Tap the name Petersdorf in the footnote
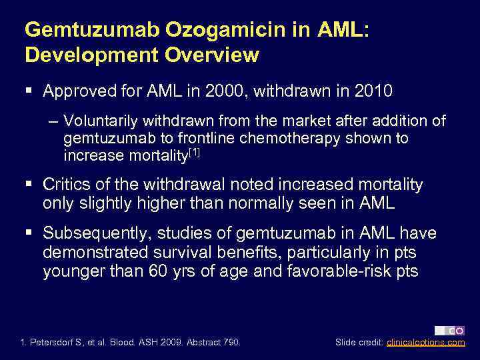pos(57,343)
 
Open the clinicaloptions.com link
pos(426,343)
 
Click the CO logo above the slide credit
pos(450,330)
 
